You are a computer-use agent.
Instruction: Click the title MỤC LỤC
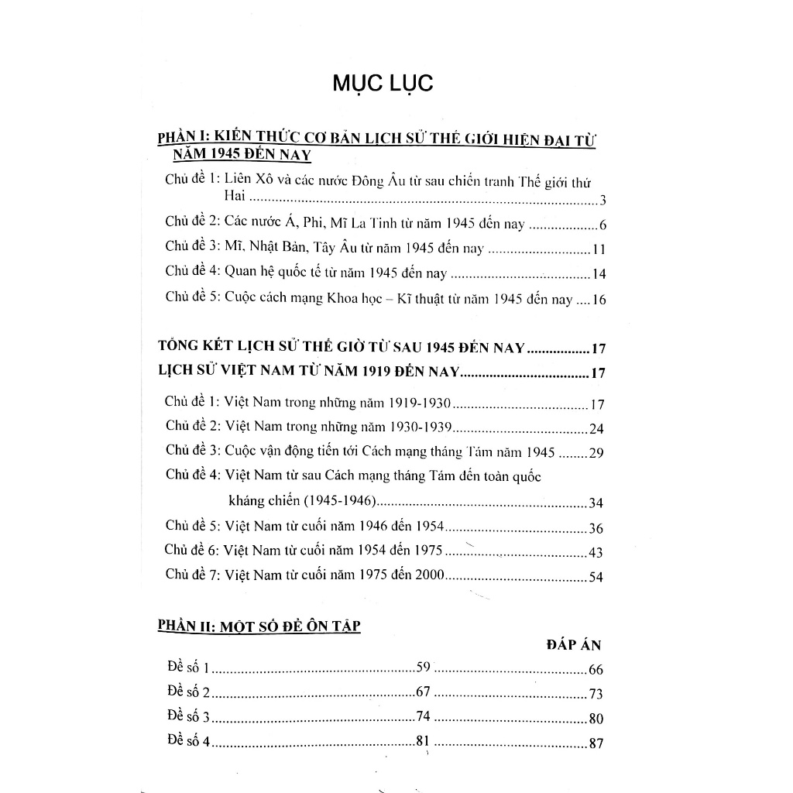383,84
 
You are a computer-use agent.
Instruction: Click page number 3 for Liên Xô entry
602,203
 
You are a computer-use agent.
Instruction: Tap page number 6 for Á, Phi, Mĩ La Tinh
602,226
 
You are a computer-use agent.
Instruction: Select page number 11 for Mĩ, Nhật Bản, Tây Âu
598,249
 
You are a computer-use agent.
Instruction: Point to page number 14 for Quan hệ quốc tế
598,274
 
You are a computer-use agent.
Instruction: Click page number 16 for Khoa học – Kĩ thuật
598,300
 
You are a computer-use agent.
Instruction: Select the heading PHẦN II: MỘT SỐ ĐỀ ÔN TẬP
259,627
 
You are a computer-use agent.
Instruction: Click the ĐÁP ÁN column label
574,645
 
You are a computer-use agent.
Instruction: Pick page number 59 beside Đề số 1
423,667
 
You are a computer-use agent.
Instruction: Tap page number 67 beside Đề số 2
423,692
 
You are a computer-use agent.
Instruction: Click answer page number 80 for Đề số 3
596,718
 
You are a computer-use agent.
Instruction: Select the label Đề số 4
188,741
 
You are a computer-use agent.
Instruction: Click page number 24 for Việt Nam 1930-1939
596,429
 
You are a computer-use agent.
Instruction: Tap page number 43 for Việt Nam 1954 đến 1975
596,553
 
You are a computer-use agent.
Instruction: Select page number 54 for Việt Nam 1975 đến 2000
596,576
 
